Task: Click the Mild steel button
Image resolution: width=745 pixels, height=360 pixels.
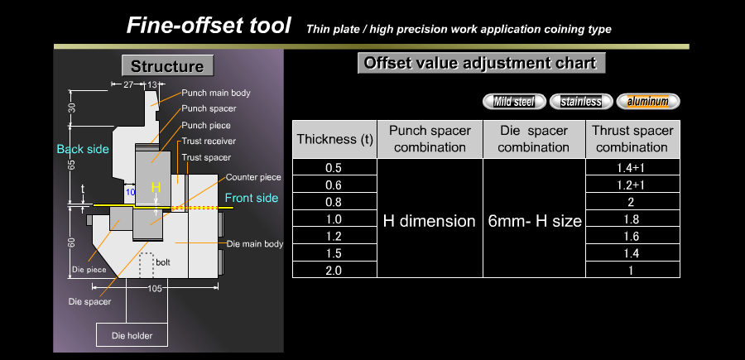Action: tap(514, 101)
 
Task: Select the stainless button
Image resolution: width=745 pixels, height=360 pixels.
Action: tap(581, 101)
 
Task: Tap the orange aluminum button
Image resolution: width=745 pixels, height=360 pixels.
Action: tap(648, 101)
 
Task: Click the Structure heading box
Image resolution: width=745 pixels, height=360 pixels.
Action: tap(167, 65)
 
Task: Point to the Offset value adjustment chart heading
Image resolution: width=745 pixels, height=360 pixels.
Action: tap(481, 63)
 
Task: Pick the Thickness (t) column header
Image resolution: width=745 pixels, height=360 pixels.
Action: tap(334, 139)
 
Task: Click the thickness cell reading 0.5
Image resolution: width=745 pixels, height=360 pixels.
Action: tap(334, 167)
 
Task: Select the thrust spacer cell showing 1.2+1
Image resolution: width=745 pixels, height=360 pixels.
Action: tap(632, 185)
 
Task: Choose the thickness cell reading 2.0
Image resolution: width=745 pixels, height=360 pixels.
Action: tap(334, 270)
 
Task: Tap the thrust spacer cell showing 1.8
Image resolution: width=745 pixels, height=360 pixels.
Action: tap(632, 218)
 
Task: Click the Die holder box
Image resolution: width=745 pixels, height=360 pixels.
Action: tap(132, 335)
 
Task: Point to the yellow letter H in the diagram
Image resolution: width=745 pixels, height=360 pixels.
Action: tap(156, 187)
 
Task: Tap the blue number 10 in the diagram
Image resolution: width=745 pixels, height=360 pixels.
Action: tap(130, 191)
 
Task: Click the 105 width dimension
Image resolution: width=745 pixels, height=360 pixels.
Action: tap(155, 288)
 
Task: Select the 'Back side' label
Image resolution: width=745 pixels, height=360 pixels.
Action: tap(83, 149)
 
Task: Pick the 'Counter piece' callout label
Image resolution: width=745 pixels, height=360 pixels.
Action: tap(253, 177)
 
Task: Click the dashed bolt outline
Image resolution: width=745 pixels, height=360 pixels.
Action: tap(146, 265)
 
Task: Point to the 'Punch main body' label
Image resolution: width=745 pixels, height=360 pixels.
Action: tap(216, 93)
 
